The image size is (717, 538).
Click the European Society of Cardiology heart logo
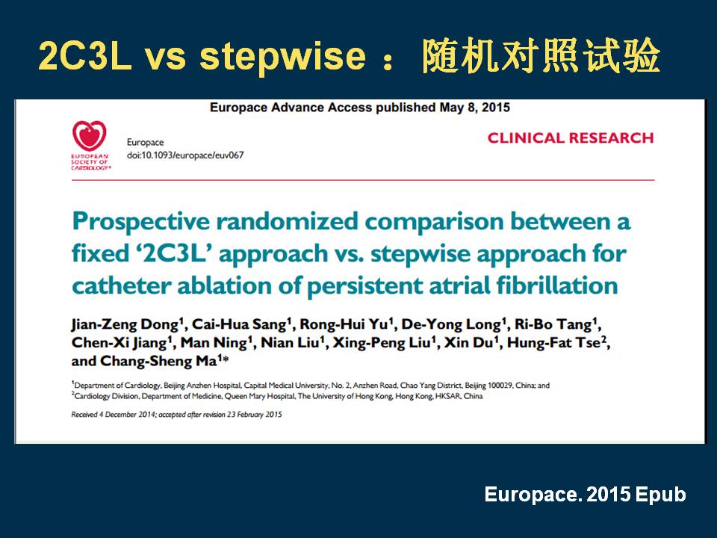pos(89,136)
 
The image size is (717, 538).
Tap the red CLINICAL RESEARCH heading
pos(570,138)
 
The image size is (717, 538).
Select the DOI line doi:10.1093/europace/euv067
pos(185,155)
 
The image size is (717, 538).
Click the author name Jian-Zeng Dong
pos(125,324)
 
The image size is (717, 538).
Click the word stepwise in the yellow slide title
pos(282,57)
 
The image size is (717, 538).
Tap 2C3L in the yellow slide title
pos(85,56)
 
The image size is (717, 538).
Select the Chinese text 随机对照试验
pos(541,56)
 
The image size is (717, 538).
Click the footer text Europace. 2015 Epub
pos(585,495)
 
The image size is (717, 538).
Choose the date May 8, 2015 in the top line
pos(475,108)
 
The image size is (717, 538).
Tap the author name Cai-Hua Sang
pos(239,324)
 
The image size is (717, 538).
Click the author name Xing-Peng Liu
pos(382,343)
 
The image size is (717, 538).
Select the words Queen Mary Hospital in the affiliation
pos(259,396)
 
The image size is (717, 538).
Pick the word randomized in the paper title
pos(287,221)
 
